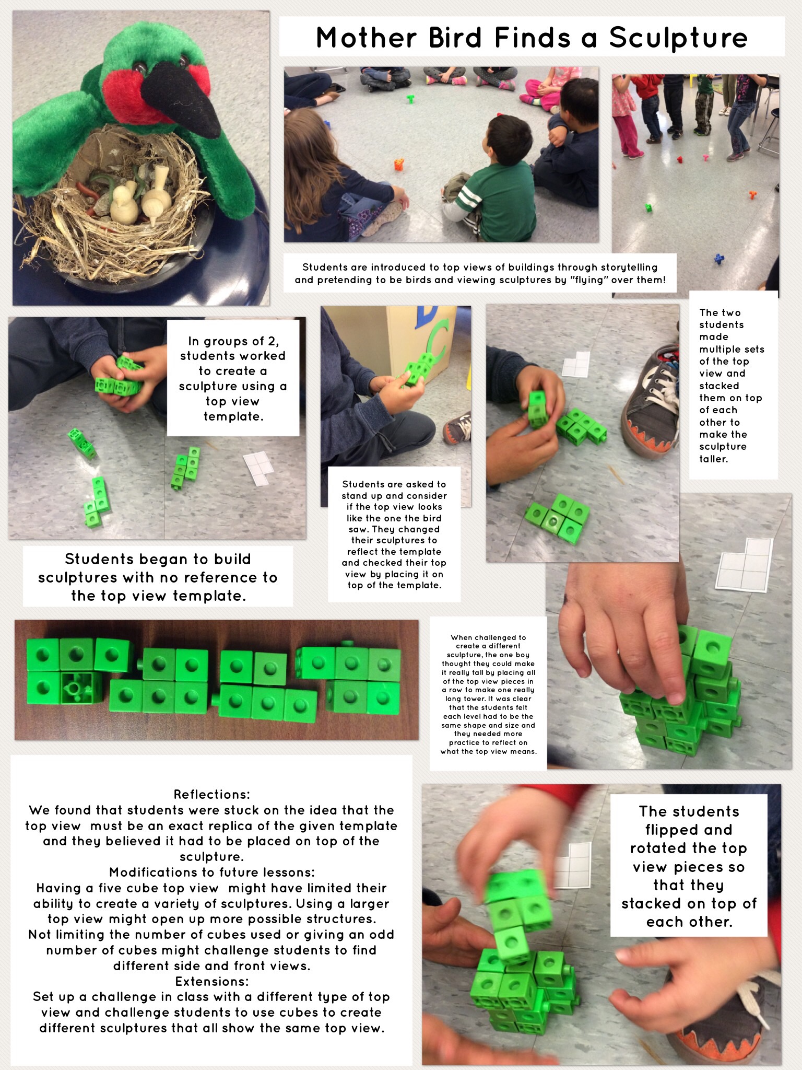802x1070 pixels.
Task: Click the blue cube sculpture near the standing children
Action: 720,259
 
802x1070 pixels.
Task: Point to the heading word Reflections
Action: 212,795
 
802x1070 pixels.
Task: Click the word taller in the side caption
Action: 713,459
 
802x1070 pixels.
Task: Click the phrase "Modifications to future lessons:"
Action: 212,872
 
